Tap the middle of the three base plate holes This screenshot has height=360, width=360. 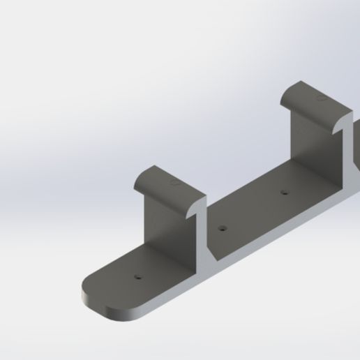tap(222, 228)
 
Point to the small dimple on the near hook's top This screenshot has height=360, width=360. tap(174, 185)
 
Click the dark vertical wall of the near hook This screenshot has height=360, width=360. tap(167, 223)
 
